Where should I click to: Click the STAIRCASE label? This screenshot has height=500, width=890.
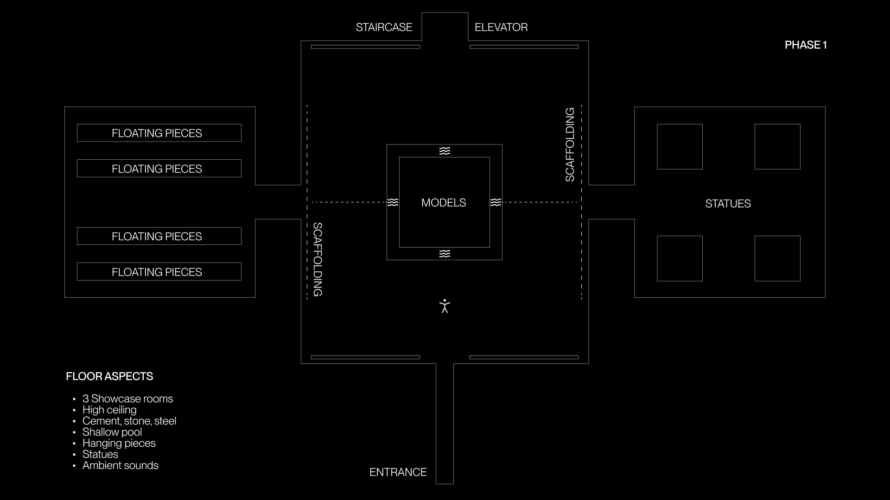coord(384,27)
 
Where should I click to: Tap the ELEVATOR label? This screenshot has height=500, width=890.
coord(501,27)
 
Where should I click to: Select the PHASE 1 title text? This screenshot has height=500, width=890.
coord(806,45)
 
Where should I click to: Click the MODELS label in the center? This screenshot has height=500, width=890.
coord(444,203)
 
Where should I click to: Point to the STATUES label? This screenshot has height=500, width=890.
coord(728,204)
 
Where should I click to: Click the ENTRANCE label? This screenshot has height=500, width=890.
coord(398,472)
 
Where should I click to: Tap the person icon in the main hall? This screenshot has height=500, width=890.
coord(445,306)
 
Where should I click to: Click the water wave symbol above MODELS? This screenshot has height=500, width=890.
coord(445,151)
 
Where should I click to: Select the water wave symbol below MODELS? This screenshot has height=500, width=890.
coord(445,254)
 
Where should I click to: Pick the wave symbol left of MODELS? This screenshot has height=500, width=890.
coord(393,202)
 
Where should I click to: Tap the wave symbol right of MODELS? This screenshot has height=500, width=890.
coord(496,202)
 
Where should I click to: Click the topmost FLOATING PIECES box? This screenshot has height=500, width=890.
coord(159,133)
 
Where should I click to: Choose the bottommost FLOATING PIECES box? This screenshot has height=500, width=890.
coord(159,272)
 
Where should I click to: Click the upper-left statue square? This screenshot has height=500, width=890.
coord(680,147)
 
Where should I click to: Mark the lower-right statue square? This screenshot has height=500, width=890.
coord(777,258)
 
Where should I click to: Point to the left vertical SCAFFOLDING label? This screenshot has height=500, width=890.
coord(318,259)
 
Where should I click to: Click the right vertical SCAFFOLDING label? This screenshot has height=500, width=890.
coord(570,144)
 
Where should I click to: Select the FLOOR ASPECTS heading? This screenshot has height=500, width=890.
coord(109,376)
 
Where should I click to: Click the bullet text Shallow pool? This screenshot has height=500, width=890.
coord(112,432)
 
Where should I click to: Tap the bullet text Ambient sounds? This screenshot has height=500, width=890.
coord(121,465)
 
